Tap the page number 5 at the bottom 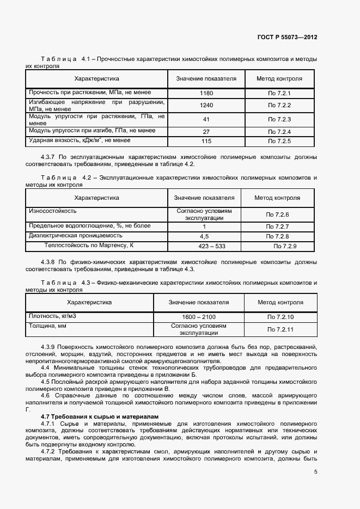coord(315,471)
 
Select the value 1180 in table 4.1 coord(206,94)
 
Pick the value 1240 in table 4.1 coord(206,105)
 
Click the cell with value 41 coord(206,119)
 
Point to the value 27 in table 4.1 coord(206,132)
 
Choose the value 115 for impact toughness coord(206,142)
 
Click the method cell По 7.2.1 coord(279,94)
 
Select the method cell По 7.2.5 coord(279,142)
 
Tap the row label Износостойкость coord(52,211)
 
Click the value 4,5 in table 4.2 coord(204,237)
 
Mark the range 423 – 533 coord(204,247)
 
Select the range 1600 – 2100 coord(199,317)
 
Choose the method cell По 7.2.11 coord(280,329)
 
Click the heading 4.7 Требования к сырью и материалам coord(100,416)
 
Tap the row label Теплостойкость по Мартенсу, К coord(89,246)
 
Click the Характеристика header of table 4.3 coord(89,302)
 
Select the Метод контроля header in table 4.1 coord(279,78)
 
